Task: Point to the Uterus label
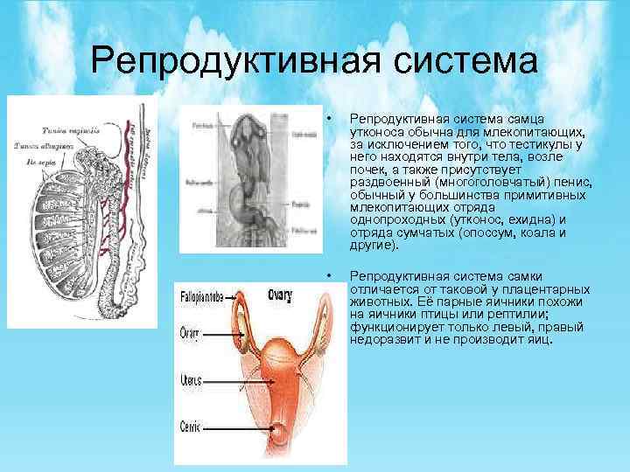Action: point(191,380)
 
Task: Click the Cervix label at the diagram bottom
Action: point(190,427)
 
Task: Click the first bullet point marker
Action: point(326,118)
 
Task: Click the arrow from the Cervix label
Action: point(238,428)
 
